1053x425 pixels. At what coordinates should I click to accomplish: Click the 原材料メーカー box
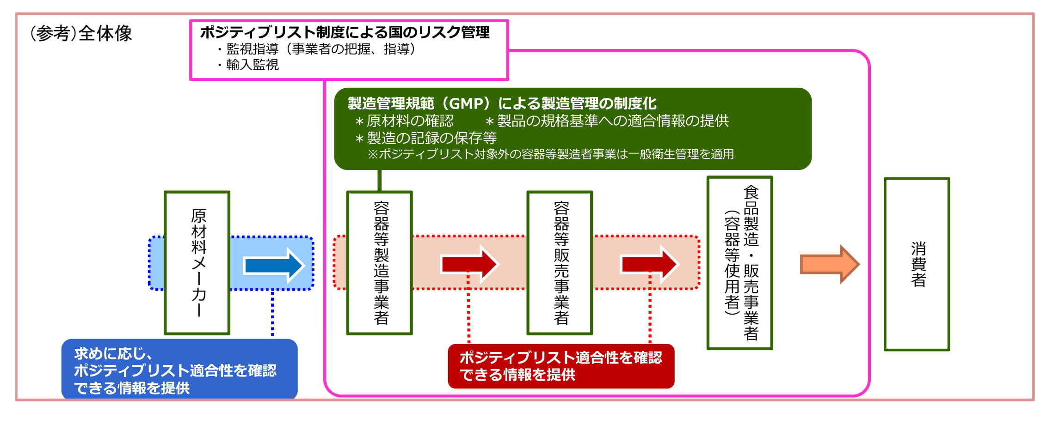click(x=197, y=262)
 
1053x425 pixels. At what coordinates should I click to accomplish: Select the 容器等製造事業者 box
click(x=380, y=262)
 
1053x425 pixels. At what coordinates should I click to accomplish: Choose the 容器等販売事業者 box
click(x=560, y=262)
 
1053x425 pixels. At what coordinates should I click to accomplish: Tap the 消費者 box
click(x=917, y=264)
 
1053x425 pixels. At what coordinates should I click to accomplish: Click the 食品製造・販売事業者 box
click(x=740, y=263)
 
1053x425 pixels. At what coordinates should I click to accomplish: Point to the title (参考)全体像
click(x=81, y=33)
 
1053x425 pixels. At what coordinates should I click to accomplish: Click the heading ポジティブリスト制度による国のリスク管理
click(x=345, y=32)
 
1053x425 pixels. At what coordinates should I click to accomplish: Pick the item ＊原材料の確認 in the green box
click(x=404, y=121)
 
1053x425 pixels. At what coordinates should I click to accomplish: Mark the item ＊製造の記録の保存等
click(x=425, y=138)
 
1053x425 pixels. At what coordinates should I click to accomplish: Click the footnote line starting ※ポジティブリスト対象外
click(x=550, y=154)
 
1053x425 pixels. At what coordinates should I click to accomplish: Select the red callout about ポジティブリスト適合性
click(x=561, y=366)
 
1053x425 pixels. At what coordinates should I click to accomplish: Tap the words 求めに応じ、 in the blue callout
click(x=113, y=354)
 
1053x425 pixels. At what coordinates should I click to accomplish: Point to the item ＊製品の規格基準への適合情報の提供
click(x=607, y=121)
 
